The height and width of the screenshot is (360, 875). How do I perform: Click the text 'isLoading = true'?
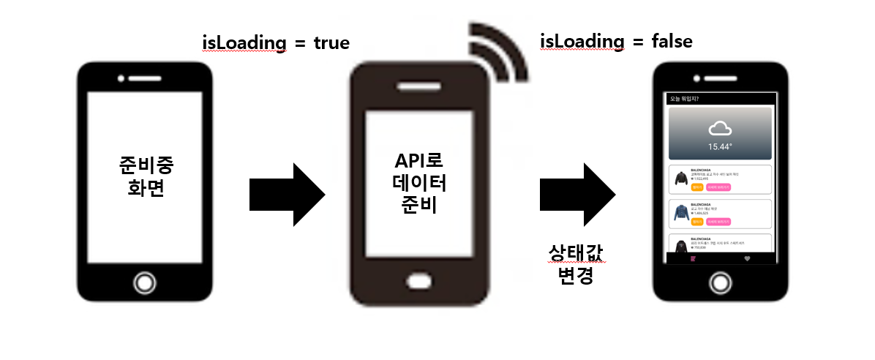coord(277,43)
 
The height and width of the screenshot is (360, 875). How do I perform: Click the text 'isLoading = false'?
coord(616,42)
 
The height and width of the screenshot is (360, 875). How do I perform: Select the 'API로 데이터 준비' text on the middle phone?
coord(418,183)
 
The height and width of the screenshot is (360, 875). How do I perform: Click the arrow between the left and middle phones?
coord(287,195)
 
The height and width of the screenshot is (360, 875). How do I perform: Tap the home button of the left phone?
coord(145,283)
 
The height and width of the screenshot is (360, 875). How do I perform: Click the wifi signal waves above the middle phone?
coord(501,51)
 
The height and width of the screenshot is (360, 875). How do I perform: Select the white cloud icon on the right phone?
coord(720,129)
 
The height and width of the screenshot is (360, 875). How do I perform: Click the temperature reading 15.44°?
coord(720,146)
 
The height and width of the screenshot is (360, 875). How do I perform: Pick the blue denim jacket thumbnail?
coord(681,212)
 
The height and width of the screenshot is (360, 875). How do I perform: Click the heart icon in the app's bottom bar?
coord(747,258)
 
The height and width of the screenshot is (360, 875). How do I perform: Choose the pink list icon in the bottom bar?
coord(693,258)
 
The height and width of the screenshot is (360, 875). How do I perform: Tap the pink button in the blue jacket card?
coord(718,221)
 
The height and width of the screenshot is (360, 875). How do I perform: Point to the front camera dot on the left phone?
coord(121,77)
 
